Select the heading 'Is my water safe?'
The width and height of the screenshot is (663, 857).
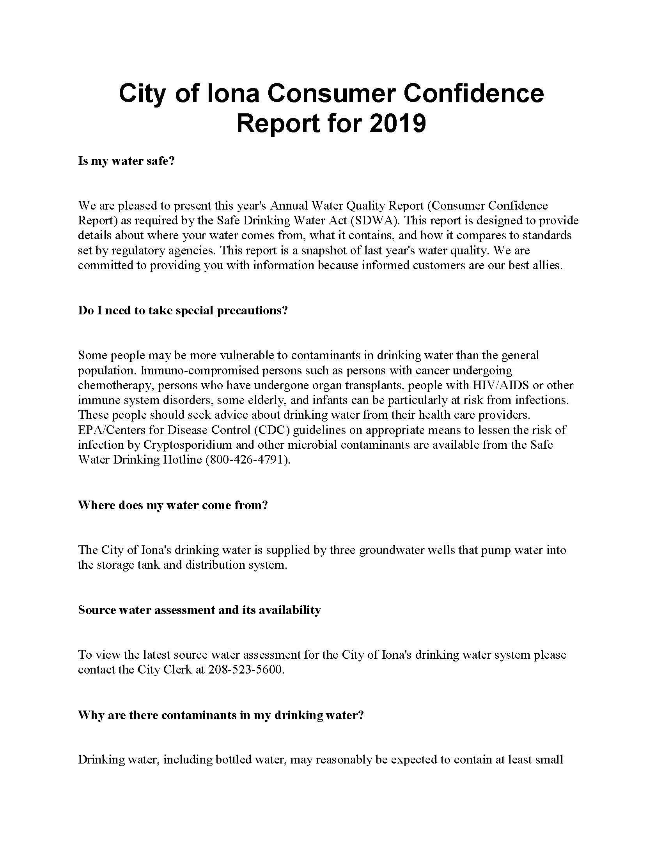click(x=126, y=161)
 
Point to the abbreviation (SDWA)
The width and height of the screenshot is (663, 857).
click(x=373, y=220)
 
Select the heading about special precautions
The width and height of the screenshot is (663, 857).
click(x=183, y=310)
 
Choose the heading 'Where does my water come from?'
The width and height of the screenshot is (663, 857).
click(x=173, y=505)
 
